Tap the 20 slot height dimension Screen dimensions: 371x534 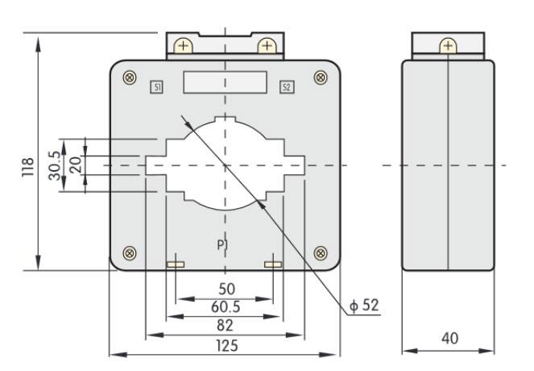pos(74,165)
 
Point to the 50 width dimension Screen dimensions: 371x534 pos(226,290)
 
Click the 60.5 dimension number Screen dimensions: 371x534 pos(226,307)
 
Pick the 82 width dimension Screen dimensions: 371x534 pos(226,325)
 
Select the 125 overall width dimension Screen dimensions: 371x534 pos(226,344)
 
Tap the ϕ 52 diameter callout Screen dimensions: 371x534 pos(364,306)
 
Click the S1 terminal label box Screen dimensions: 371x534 pos(157,85)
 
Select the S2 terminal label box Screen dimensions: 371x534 pos(286,85)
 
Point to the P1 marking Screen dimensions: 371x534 pos(224,244)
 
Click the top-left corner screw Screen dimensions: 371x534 pos(130,77)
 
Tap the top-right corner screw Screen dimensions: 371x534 pos(321,77)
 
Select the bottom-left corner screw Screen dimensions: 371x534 pos(130,254)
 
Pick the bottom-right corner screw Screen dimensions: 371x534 pos(321,254)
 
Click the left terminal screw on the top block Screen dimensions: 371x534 pos(183,46)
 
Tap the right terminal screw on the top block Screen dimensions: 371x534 pos(267,46)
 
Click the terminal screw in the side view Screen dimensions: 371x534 pos(448,46)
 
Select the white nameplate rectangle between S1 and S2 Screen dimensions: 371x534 pos(225,82)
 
